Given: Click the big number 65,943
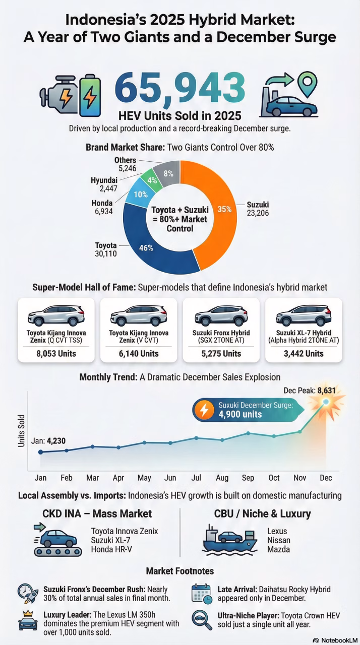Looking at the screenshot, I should (x=181, y=87).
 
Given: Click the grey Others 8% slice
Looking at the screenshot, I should (x=168, y=173).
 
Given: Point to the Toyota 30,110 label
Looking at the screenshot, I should (x=106, y=249).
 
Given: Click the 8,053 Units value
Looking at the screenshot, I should (x=56, y=353).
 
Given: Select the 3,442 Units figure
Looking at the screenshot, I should (x=304, y=353).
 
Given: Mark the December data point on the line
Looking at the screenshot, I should (x=326, y=402).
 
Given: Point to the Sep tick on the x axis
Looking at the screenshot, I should (x=248, y=477).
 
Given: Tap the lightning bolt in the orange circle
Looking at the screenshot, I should (x=204, y=410).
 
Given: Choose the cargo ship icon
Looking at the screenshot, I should (x=227, y=540).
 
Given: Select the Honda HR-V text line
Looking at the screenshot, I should (x=111, y=549).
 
